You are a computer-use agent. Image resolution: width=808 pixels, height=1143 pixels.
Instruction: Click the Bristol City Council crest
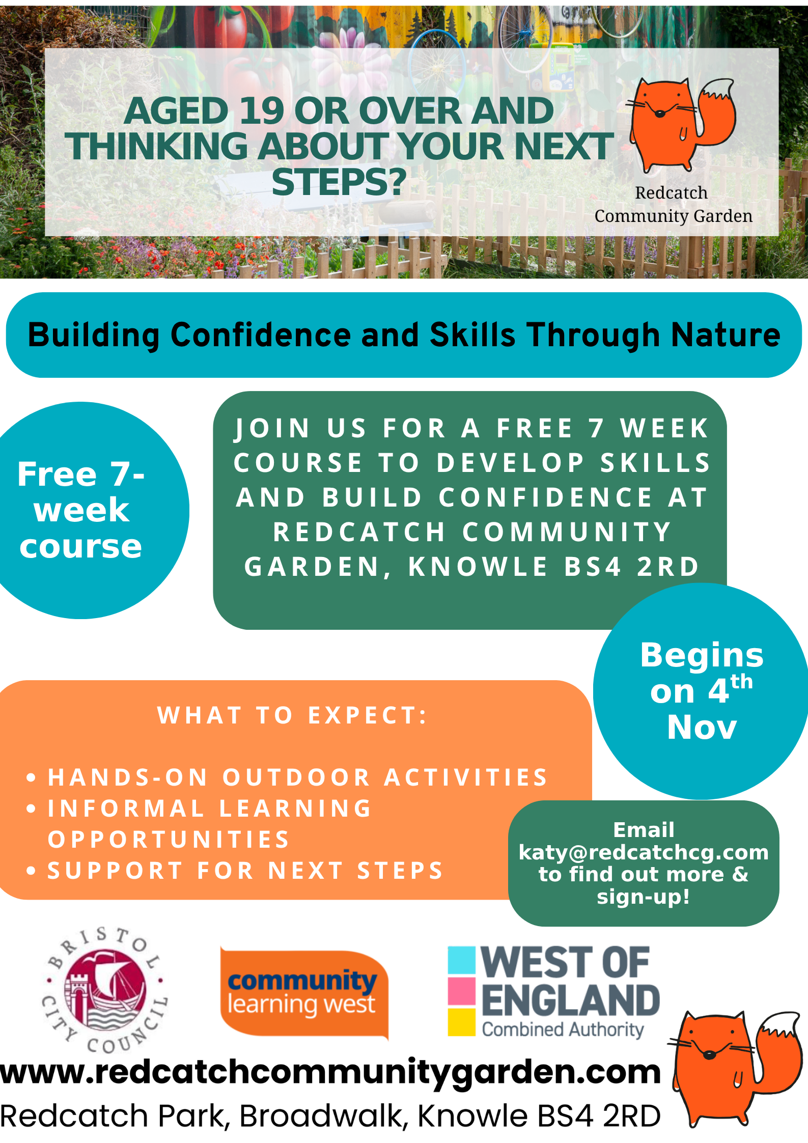pos(105,990)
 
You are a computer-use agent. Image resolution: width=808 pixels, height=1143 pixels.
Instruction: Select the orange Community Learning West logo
pos(304,993)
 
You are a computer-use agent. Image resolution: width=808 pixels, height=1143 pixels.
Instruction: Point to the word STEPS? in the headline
pos(339,182)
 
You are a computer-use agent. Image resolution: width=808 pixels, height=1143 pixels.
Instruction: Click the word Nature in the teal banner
pos(726,335)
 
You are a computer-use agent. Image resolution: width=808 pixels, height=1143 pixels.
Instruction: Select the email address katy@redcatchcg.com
pos(644,852)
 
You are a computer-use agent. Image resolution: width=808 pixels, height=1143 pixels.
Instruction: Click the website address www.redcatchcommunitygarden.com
pos(330,1072)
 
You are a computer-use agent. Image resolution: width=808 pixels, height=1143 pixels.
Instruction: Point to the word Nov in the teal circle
pos(702,727)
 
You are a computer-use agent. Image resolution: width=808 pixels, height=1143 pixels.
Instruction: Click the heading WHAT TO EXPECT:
pos(292,715)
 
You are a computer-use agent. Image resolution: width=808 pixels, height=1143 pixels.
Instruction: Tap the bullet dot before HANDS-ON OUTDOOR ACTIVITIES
pos(32,777)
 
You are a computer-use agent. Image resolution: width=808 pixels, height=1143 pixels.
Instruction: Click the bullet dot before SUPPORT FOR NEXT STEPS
pos(32,871)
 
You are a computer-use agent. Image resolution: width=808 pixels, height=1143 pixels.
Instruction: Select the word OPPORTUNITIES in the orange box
pos(169,840)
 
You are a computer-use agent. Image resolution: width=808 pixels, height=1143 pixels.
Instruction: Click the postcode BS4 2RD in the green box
pos(631,567)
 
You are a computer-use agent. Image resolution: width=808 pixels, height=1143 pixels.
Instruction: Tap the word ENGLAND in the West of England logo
pos(571,1000)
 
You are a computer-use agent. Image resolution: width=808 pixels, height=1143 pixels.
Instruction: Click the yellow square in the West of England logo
pos(462,1022)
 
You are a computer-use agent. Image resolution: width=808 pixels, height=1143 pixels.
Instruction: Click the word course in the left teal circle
pos(81,547)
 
